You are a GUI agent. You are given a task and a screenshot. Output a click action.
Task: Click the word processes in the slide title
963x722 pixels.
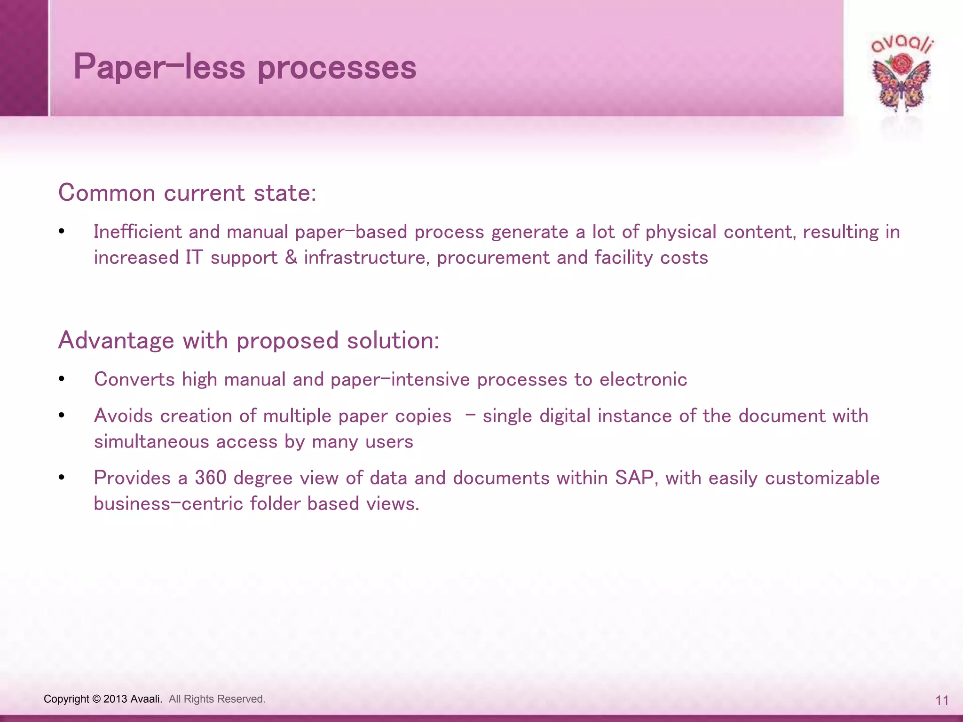337,67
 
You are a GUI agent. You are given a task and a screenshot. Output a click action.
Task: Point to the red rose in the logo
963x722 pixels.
901,63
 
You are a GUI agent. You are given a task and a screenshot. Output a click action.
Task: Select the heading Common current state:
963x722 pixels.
187,193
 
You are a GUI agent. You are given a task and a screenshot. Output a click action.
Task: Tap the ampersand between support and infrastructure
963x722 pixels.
291,258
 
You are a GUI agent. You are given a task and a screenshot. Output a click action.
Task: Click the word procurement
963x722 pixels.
493,258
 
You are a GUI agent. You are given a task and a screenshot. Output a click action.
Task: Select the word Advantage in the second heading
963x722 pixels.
116,340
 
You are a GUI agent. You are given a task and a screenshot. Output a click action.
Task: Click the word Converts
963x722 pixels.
134,379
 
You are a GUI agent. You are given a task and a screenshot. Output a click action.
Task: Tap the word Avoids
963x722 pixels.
123,416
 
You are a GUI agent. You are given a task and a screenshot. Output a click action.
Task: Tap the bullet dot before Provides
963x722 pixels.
62,478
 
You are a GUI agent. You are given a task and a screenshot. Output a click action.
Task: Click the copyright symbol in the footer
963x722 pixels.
96,699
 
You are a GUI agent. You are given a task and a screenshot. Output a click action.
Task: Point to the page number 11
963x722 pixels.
942,701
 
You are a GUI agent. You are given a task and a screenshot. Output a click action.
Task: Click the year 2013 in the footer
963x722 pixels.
115,699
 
